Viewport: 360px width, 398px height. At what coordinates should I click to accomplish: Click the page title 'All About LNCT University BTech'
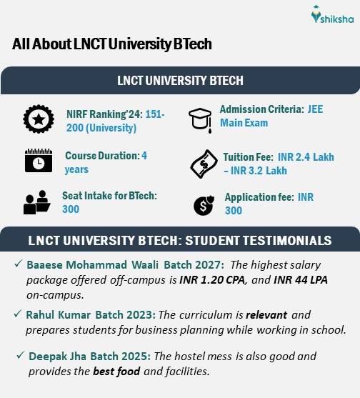coord(111,44)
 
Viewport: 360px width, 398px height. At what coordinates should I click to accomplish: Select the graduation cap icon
coord(201,117)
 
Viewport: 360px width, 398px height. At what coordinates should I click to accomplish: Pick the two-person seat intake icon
coord(35,202)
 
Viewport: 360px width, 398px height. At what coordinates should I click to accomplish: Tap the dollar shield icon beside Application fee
coord(203,206)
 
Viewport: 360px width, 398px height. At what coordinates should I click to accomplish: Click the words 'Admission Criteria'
coord(260,110)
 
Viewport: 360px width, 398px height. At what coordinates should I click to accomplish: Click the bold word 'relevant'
coord(271,315)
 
